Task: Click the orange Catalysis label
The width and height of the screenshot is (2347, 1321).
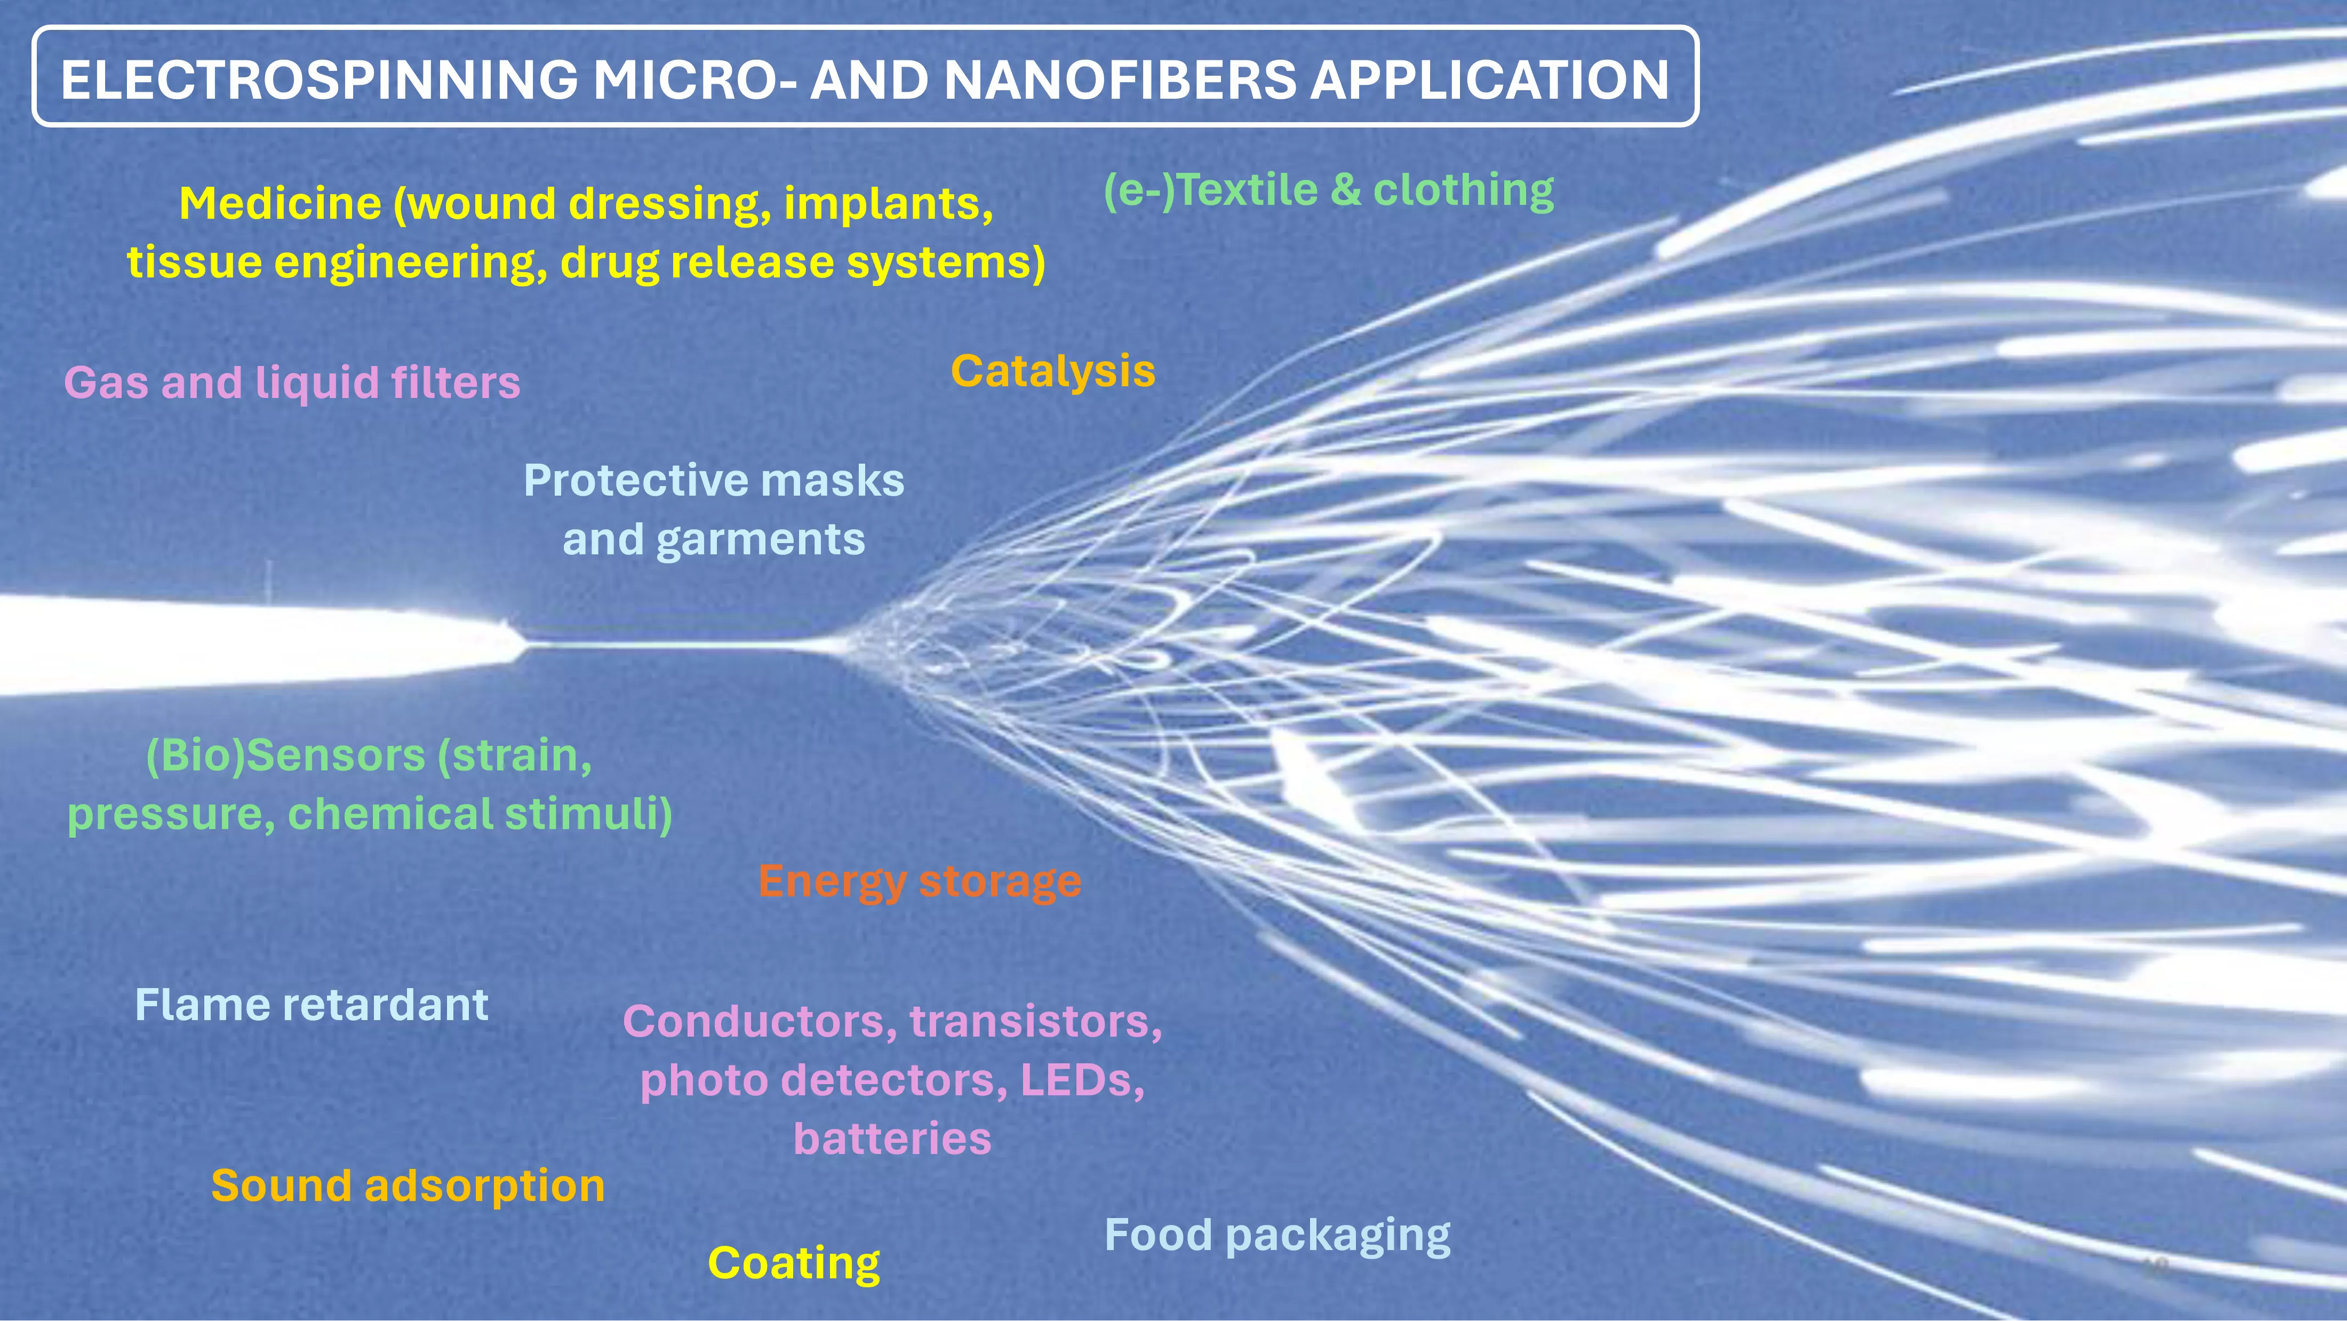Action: [1053, 372]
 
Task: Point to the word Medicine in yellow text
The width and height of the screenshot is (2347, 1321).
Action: [280, 203]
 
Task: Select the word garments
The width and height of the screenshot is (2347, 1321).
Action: [760, 541]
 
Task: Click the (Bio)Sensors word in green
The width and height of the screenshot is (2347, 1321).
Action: [285, 756]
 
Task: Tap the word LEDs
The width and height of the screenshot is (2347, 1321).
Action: [1081, 1080]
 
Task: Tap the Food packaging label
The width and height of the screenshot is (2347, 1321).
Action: [1278, 1236]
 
